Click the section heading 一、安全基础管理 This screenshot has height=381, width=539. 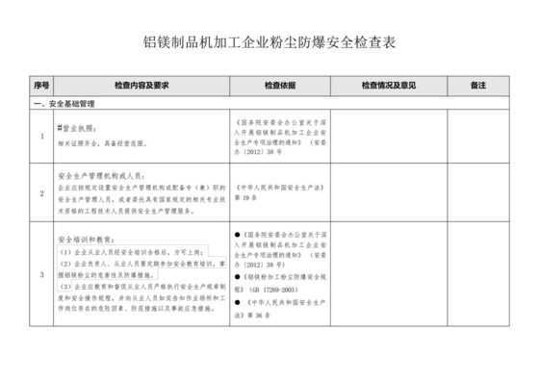coord(64,102)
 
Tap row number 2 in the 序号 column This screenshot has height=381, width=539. coord(40,193)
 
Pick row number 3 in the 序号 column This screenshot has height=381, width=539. coord(40,275)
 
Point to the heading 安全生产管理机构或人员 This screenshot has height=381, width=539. coord(100,176)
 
